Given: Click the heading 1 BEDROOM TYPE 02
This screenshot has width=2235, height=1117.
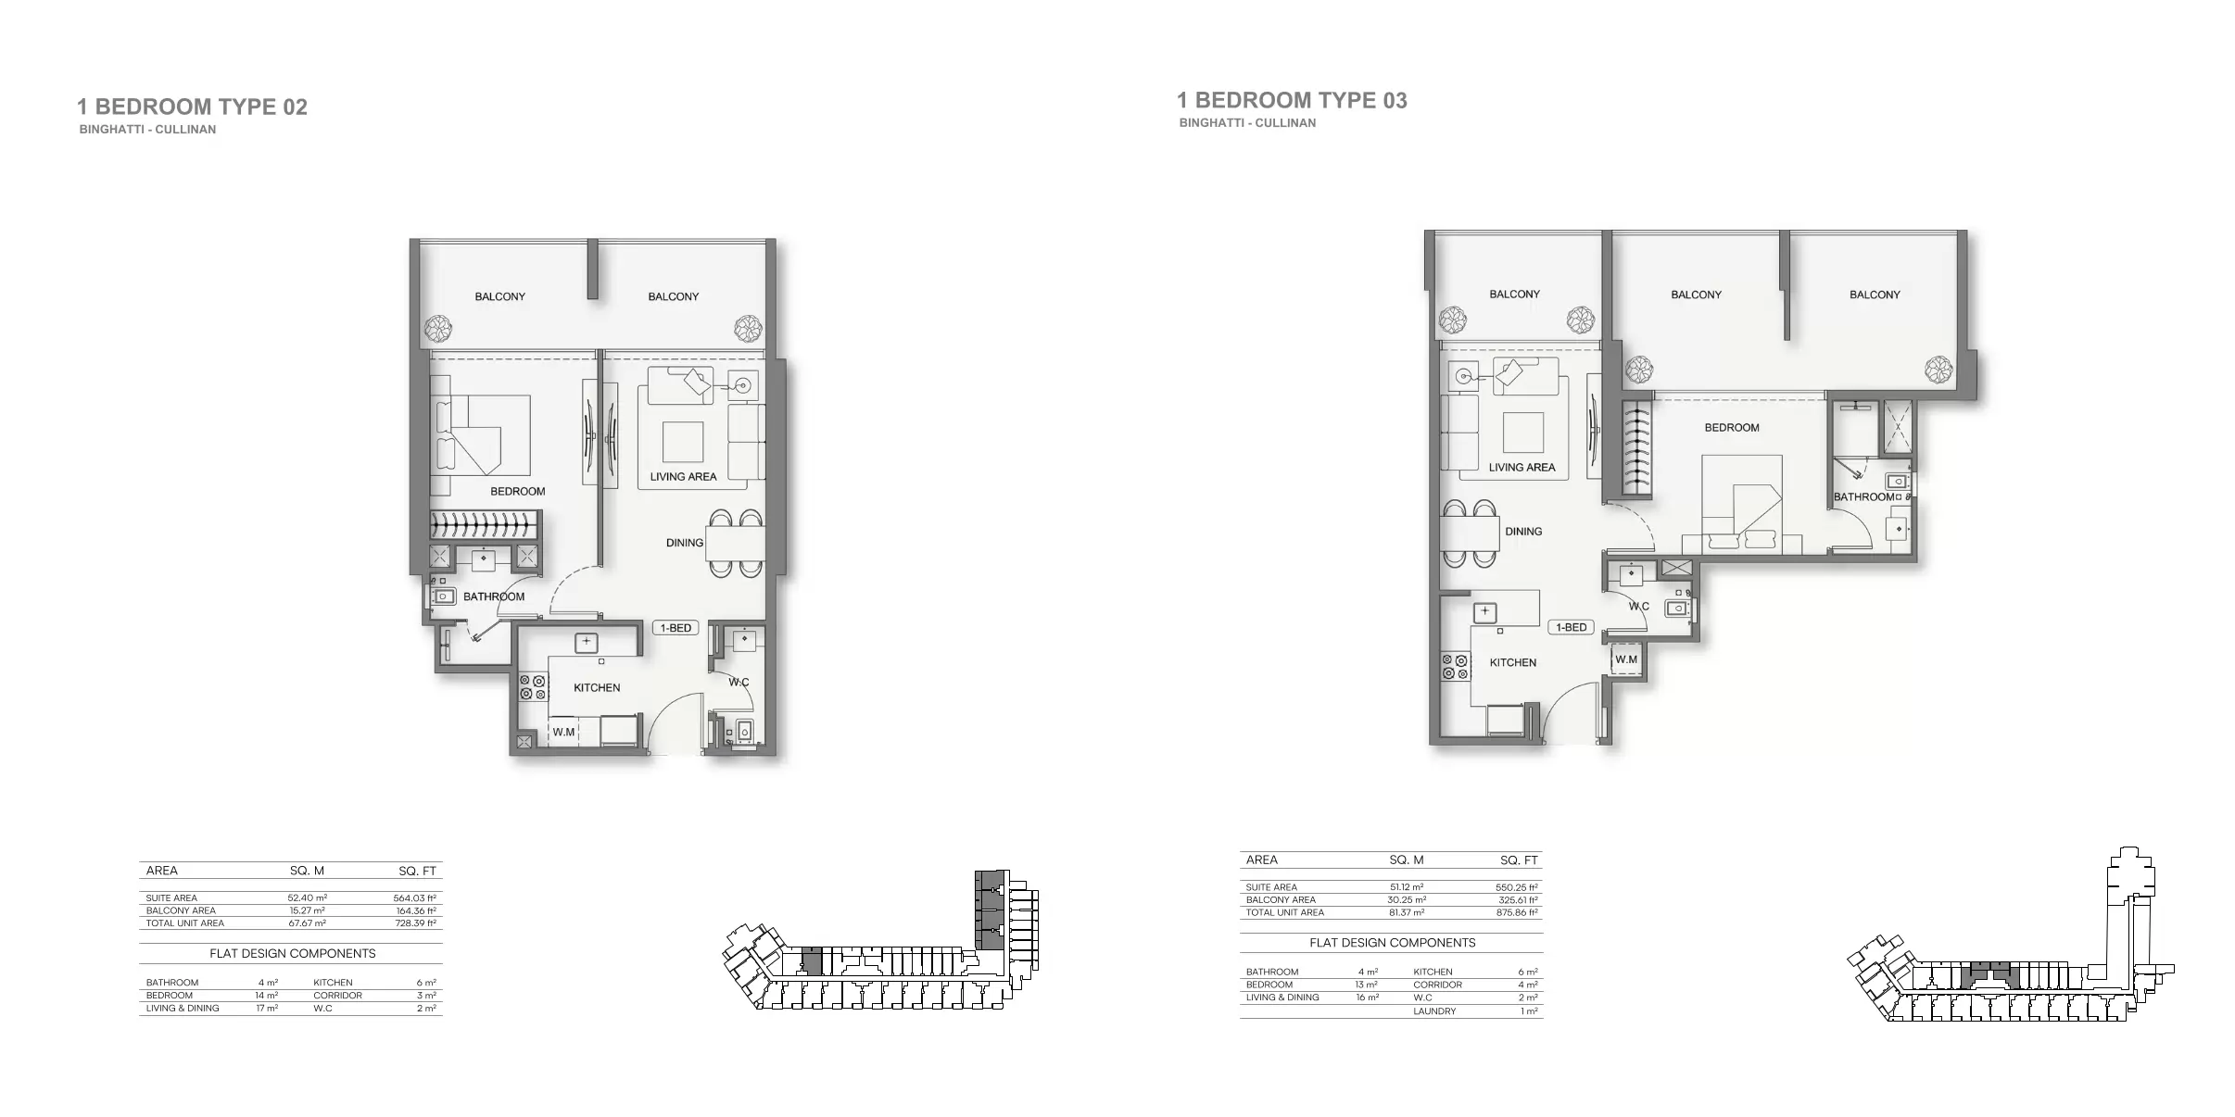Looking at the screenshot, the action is coord(192,107).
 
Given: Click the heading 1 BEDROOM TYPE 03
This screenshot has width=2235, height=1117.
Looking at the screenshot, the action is coord(1292,101).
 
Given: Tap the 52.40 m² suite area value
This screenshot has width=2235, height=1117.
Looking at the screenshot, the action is coord(308,897).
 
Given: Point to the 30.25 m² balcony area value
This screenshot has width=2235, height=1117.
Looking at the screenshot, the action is coord(1407,899).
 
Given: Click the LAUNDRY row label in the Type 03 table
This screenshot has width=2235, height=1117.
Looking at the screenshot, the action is coord(1434,1011).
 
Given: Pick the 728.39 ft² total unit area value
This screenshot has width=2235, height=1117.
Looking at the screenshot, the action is coord(415,923).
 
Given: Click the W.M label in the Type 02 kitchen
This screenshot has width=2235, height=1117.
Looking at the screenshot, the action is coord(563,732).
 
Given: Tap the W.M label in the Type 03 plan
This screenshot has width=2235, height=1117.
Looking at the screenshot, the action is coord(1626,659).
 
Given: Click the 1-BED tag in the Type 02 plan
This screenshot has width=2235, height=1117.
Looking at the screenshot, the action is coord(676,628).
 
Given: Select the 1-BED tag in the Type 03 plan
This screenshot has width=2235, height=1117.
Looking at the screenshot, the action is coord(1572,627).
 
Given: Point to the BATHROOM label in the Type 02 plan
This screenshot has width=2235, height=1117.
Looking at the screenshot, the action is coord(494,596).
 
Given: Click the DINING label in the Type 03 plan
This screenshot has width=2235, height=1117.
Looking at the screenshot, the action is coord(1523,532).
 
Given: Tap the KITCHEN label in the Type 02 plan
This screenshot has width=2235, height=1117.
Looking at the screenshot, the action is coord(597,688).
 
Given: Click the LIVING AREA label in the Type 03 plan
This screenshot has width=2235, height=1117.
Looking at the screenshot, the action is coord(1522,468).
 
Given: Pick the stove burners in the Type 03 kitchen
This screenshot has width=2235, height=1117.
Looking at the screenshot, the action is coord(1455,668).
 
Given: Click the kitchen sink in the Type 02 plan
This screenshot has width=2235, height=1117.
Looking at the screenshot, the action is coord(586,642).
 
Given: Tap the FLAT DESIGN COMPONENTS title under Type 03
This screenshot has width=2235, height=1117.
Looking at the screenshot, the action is coord(1393,943).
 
